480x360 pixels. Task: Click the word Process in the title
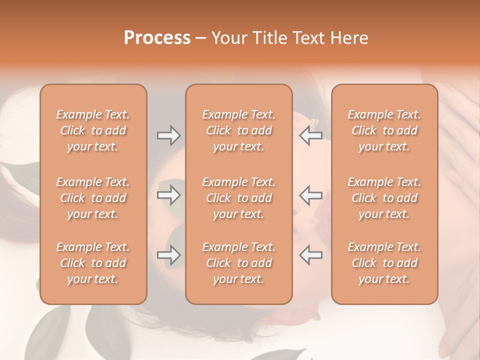[157, 38]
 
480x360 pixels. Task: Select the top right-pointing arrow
[168, 135]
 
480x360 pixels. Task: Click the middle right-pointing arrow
[168, 195]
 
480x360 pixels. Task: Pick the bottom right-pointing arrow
[168, 255]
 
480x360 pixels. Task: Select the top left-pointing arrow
[310, 135]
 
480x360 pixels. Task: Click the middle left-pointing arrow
[310, 195]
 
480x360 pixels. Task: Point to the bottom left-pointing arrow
[310, 255]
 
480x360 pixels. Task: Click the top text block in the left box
[93, 130]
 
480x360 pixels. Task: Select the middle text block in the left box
[93, 198]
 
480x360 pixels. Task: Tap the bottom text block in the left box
[93, 263]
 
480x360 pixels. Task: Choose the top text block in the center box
[238, 130]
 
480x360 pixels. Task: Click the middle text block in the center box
[238, 198]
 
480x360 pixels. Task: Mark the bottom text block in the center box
[238, 263]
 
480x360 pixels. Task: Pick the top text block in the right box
[384, 130]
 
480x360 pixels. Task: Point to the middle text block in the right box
[384, 198]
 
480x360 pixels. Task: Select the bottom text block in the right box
[384, 263]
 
